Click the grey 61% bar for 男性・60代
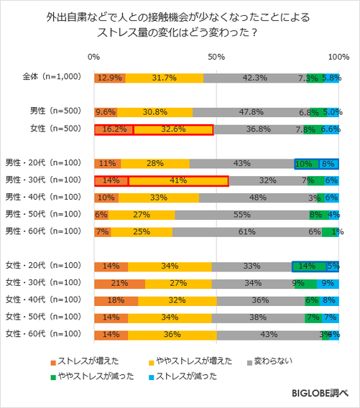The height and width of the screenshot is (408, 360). (x=247, y=232)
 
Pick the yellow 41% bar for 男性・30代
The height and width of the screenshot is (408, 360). (x=177, y=181)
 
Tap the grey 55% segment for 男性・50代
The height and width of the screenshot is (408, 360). (x=241, y=215)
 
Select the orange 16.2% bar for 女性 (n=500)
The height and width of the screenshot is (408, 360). (x=114, y=130)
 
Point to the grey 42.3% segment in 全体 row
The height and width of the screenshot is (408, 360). (x=255, y=78)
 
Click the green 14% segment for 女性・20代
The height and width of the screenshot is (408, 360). (x=308, y=266)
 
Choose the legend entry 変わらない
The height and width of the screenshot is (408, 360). (x=270, y=361)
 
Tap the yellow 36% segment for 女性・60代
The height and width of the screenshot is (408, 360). (x=172, y=334)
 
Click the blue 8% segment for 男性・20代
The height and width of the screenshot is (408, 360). (x=328, y=164)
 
